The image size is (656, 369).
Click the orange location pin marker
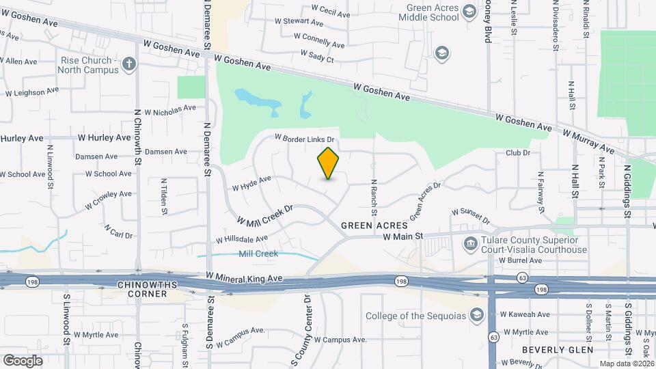(328, 163)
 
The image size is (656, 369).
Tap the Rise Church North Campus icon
(129, 65)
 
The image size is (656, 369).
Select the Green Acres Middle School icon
(469, 12)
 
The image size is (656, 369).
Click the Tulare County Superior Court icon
(470, 244)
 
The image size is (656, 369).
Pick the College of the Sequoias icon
(476, 315)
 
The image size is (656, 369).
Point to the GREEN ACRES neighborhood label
(374, 225)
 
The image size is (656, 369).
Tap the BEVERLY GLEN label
(551, 349)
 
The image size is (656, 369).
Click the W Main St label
(403, 236)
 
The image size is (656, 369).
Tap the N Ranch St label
(374, 195)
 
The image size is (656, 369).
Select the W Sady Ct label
(317, 56)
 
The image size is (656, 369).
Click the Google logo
(23, 360)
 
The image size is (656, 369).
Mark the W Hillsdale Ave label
(242, 239)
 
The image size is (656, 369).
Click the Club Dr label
(518, 153)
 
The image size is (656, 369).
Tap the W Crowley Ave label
(108, 200)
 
